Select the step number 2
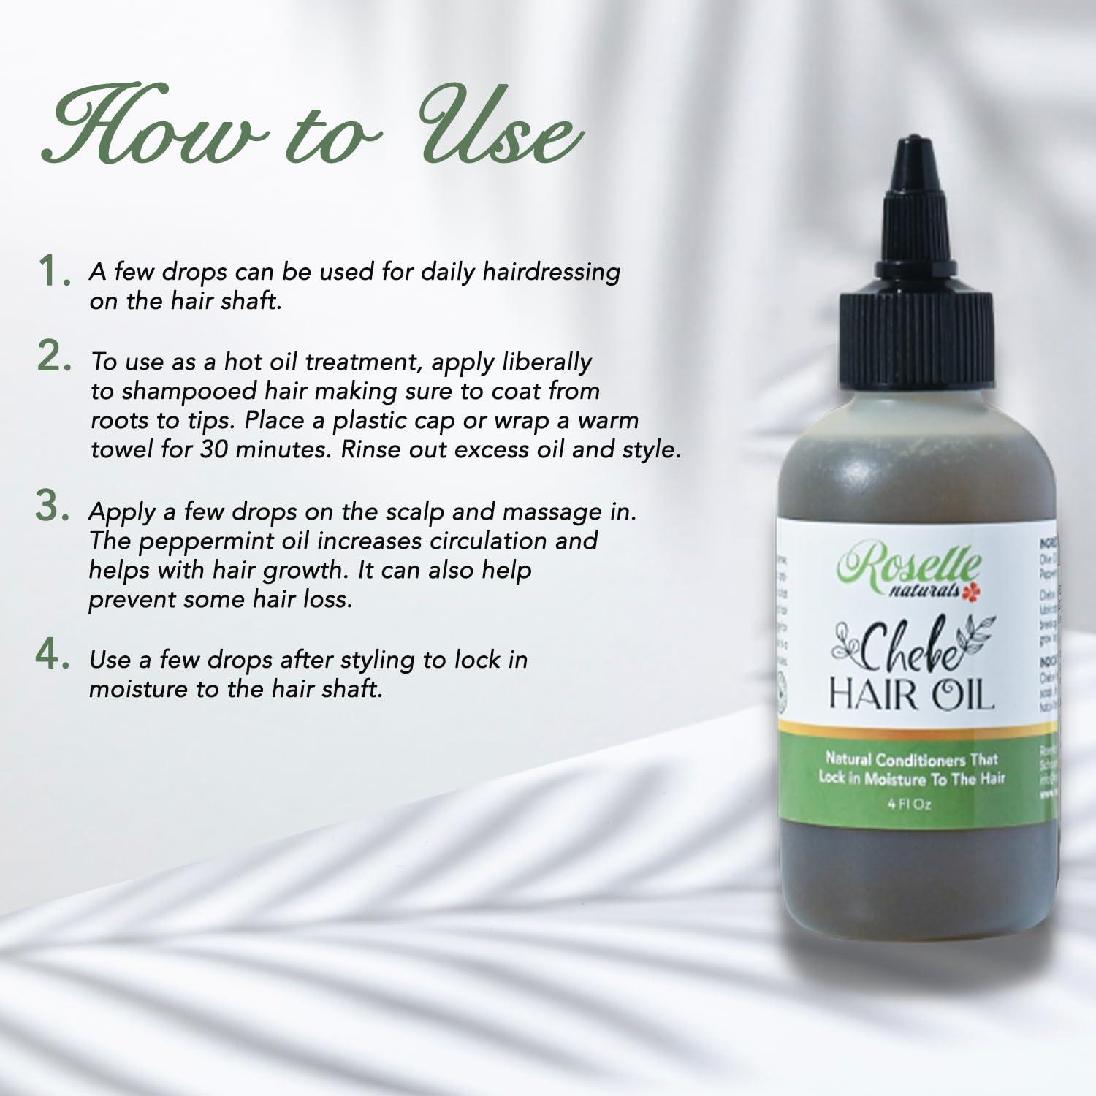tap(53, 357)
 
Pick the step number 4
tap(53, 655)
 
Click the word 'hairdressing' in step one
tap(551, 272)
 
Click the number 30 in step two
tap(214, 449)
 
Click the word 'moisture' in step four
tap(138, 689)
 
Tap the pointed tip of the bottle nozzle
tap(913, 143)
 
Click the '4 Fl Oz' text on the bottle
tap(909, 805)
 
